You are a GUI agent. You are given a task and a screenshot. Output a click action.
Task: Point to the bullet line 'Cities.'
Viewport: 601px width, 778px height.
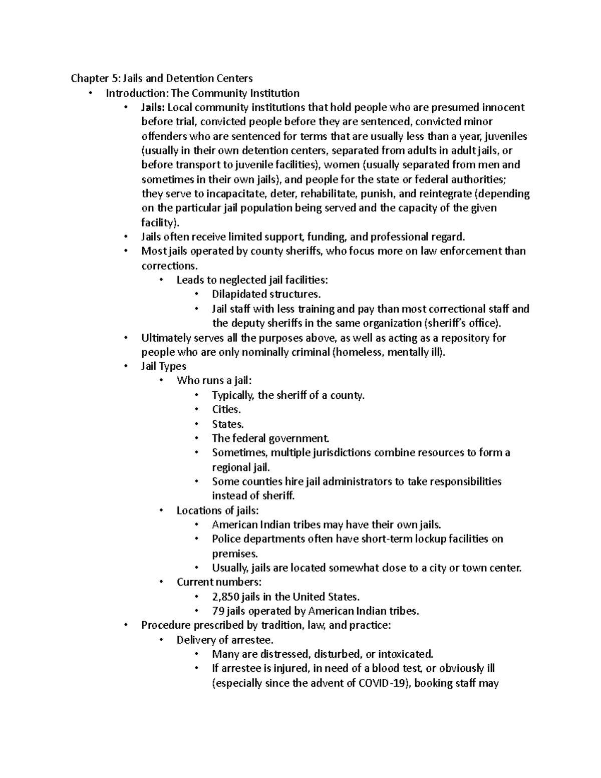pos(226,410)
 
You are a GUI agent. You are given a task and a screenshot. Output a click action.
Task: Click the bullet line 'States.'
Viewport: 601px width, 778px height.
pos(227,424)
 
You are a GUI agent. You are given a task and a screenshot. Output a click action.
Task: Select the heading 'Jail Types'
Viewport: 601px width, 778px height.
pos(163,367)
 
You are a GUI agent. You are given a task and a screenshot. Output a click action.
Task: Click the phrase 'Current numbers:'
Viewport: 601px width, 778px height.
pos(219,582)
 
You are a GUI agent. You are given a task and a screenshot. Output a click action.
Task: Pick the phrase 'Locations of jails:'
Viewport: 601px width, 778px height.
pos(217,510)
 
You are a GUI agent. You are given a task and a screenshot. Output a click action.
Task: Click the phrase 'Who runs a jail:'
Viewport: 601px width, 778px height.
pos(211,381)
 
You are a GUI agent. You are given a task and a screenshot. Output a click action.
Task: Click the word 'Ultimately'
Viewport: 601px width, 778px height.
pos(166,338)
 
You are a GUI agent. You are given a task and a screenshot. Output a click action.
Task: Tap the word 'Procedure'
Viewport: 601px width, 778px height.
pos(165,625)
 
